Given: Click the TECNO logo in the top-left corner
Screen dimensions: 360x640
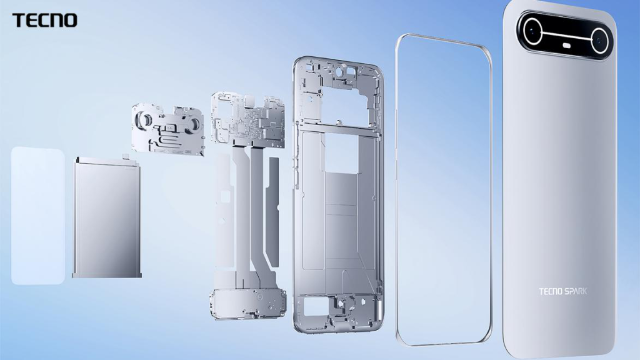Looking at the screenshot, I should (x=44, y=21).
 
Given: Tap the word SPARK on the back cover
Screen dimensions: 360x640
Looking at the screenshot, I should (x=574, y=291).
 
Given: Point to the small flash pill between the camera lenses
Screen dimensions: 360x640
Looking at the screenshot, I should (x=567, y=46).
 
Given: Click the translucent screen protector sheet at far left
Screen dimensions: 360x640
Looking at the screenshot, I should (x=37, y=216).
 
